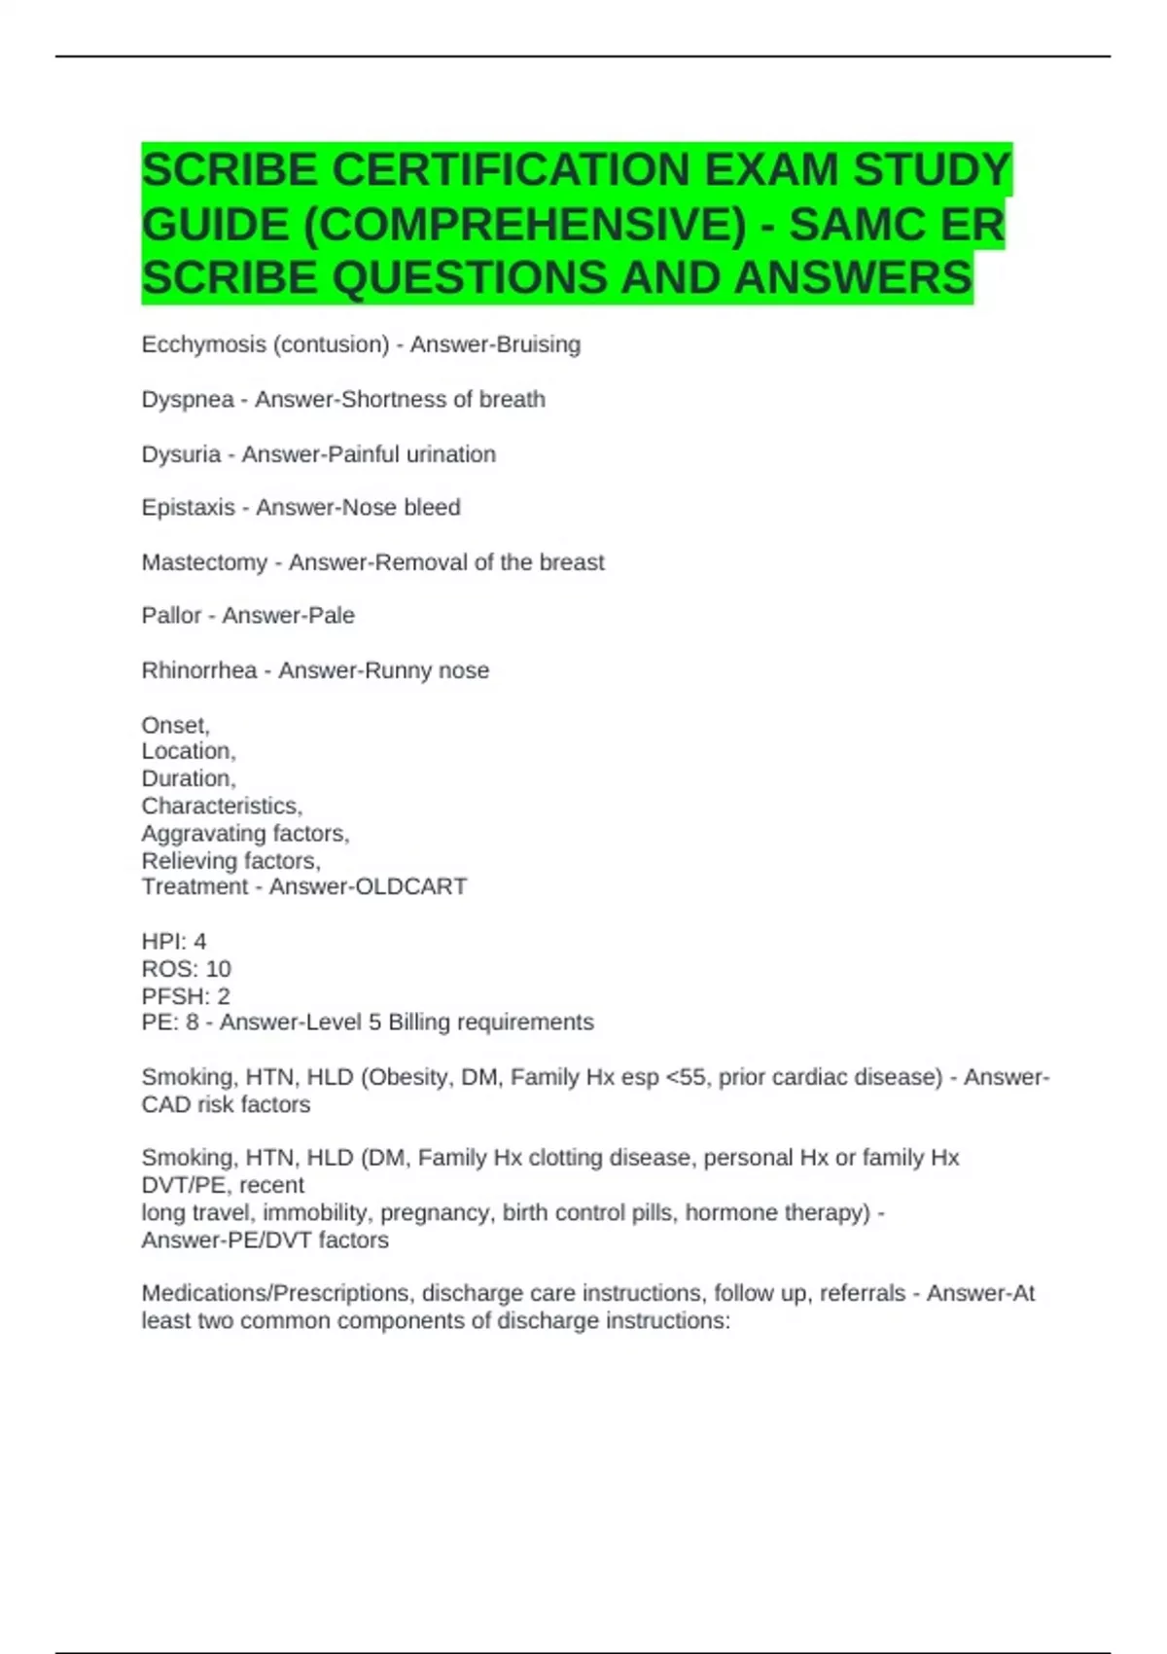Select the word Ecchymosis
point(203,344)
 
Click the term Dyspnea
point(188,400)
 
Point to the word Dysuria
point(181,454)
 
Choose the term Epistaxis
point(189,508)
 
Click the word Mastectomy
point(204,562)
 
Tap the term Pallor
point(171,616)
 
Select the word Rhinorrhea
point(199,670)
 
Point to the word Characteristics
point(222,806)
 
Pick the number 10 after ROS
point(219,969)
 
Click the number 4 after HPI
point(200,942)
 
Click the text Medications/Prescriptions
point(275,1294)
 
